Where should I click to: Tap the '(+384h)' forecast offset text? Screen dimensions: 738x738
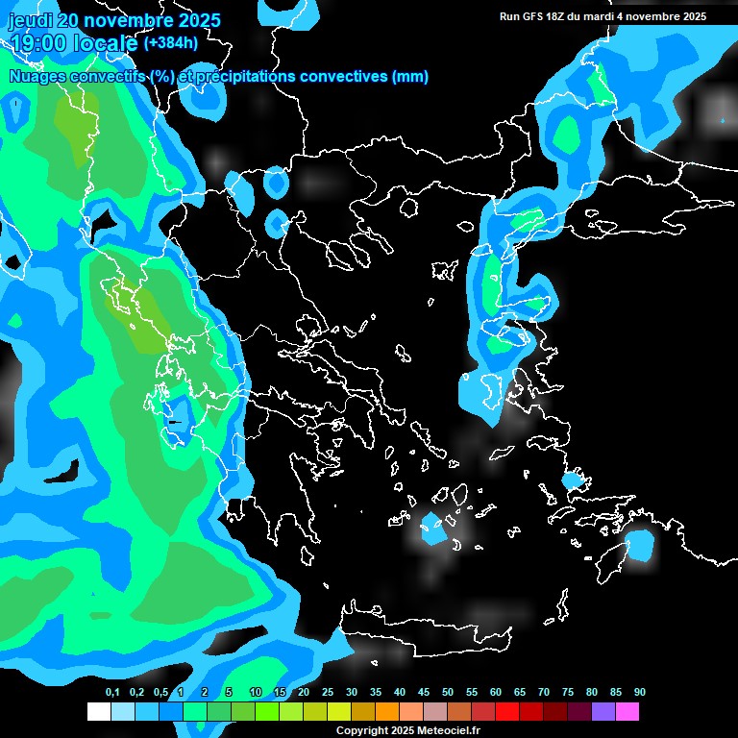pyautogui.click(x=172, y=43)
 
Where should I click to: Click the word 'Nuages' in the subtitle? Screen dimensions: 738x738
pyautogui.click(x=36, y=77)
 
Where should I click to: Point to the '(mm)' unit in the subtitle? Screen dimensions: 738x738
pyautogui.click(x=410, y=77)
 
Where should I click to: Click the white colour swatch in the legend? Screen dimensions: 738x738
pyautogui.click(x=98, y=712)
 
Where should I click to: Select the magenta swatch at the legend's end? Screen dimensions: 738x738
pyautogui.click(x=627, y=712)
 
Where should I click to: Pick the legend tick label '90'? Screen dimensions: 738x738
pyautogui.click(x=640, y=692)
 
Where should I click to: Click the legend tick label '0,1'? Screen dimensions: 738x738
pyautogui.click(x=112, y=692)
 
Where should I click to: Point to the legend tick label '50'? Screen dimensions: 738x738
pyautogui.click(x=448, y=692)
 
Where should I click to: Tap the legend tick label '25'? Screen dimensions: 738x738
pyautogui.click(x=328, y=692)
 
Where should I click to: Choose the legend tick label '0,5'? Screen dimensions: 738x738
pyautogui.click(x=160, y=692)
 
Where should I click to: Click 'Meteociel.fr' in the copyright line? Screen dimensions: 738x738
pyautogui.click(x=449, y=731)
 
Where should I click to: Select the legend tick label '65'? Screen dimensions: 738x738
pyautogui.click(x=520, y=692)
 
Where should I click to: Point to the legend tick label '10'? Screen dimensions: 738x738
pyautogui.click(x=256, y=692)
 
